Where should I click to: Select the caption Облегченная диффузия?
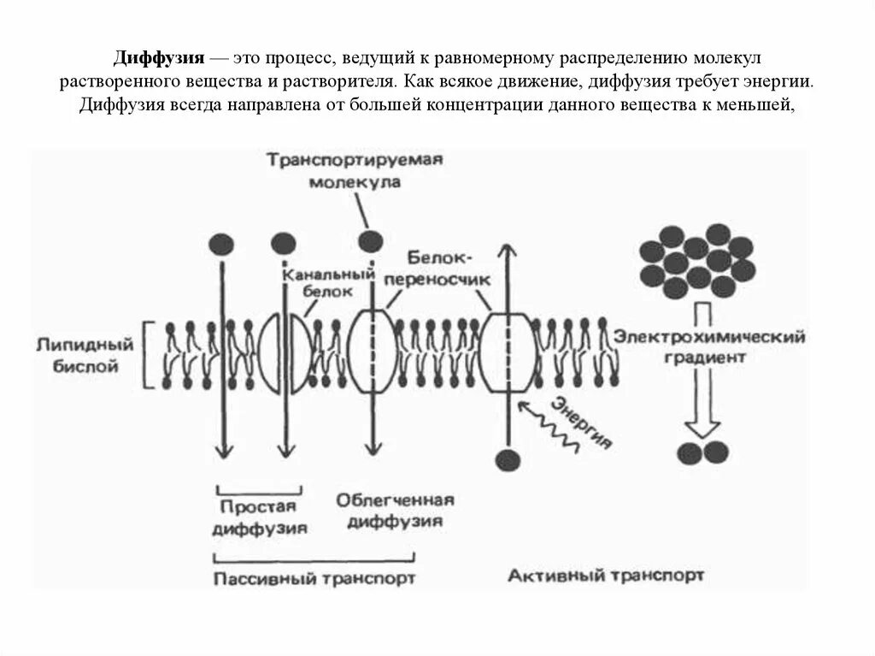394,510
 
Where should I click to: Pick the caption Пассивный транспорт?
314,578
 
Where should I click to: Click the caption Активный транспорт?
608,576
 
